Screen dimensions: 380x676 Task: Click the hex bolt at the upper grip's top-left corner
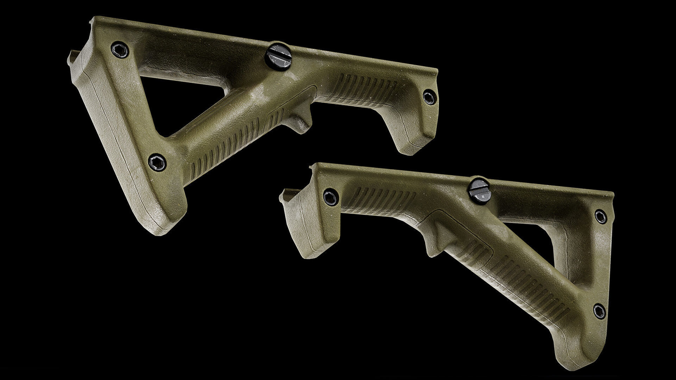click(120, 50)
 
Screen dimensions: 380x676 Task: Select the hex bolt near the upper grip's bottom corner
click(157, 162)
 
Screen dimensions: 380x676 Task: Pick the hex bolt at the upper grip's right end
click(430, 97)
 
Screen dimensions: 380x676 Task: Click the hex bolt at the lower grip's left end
click(331, 197)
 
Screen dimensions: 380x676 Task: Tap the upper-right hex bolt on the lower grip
click(601, 216)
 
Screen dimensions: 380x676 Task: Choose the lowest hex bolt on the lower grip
click(599, 311)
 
